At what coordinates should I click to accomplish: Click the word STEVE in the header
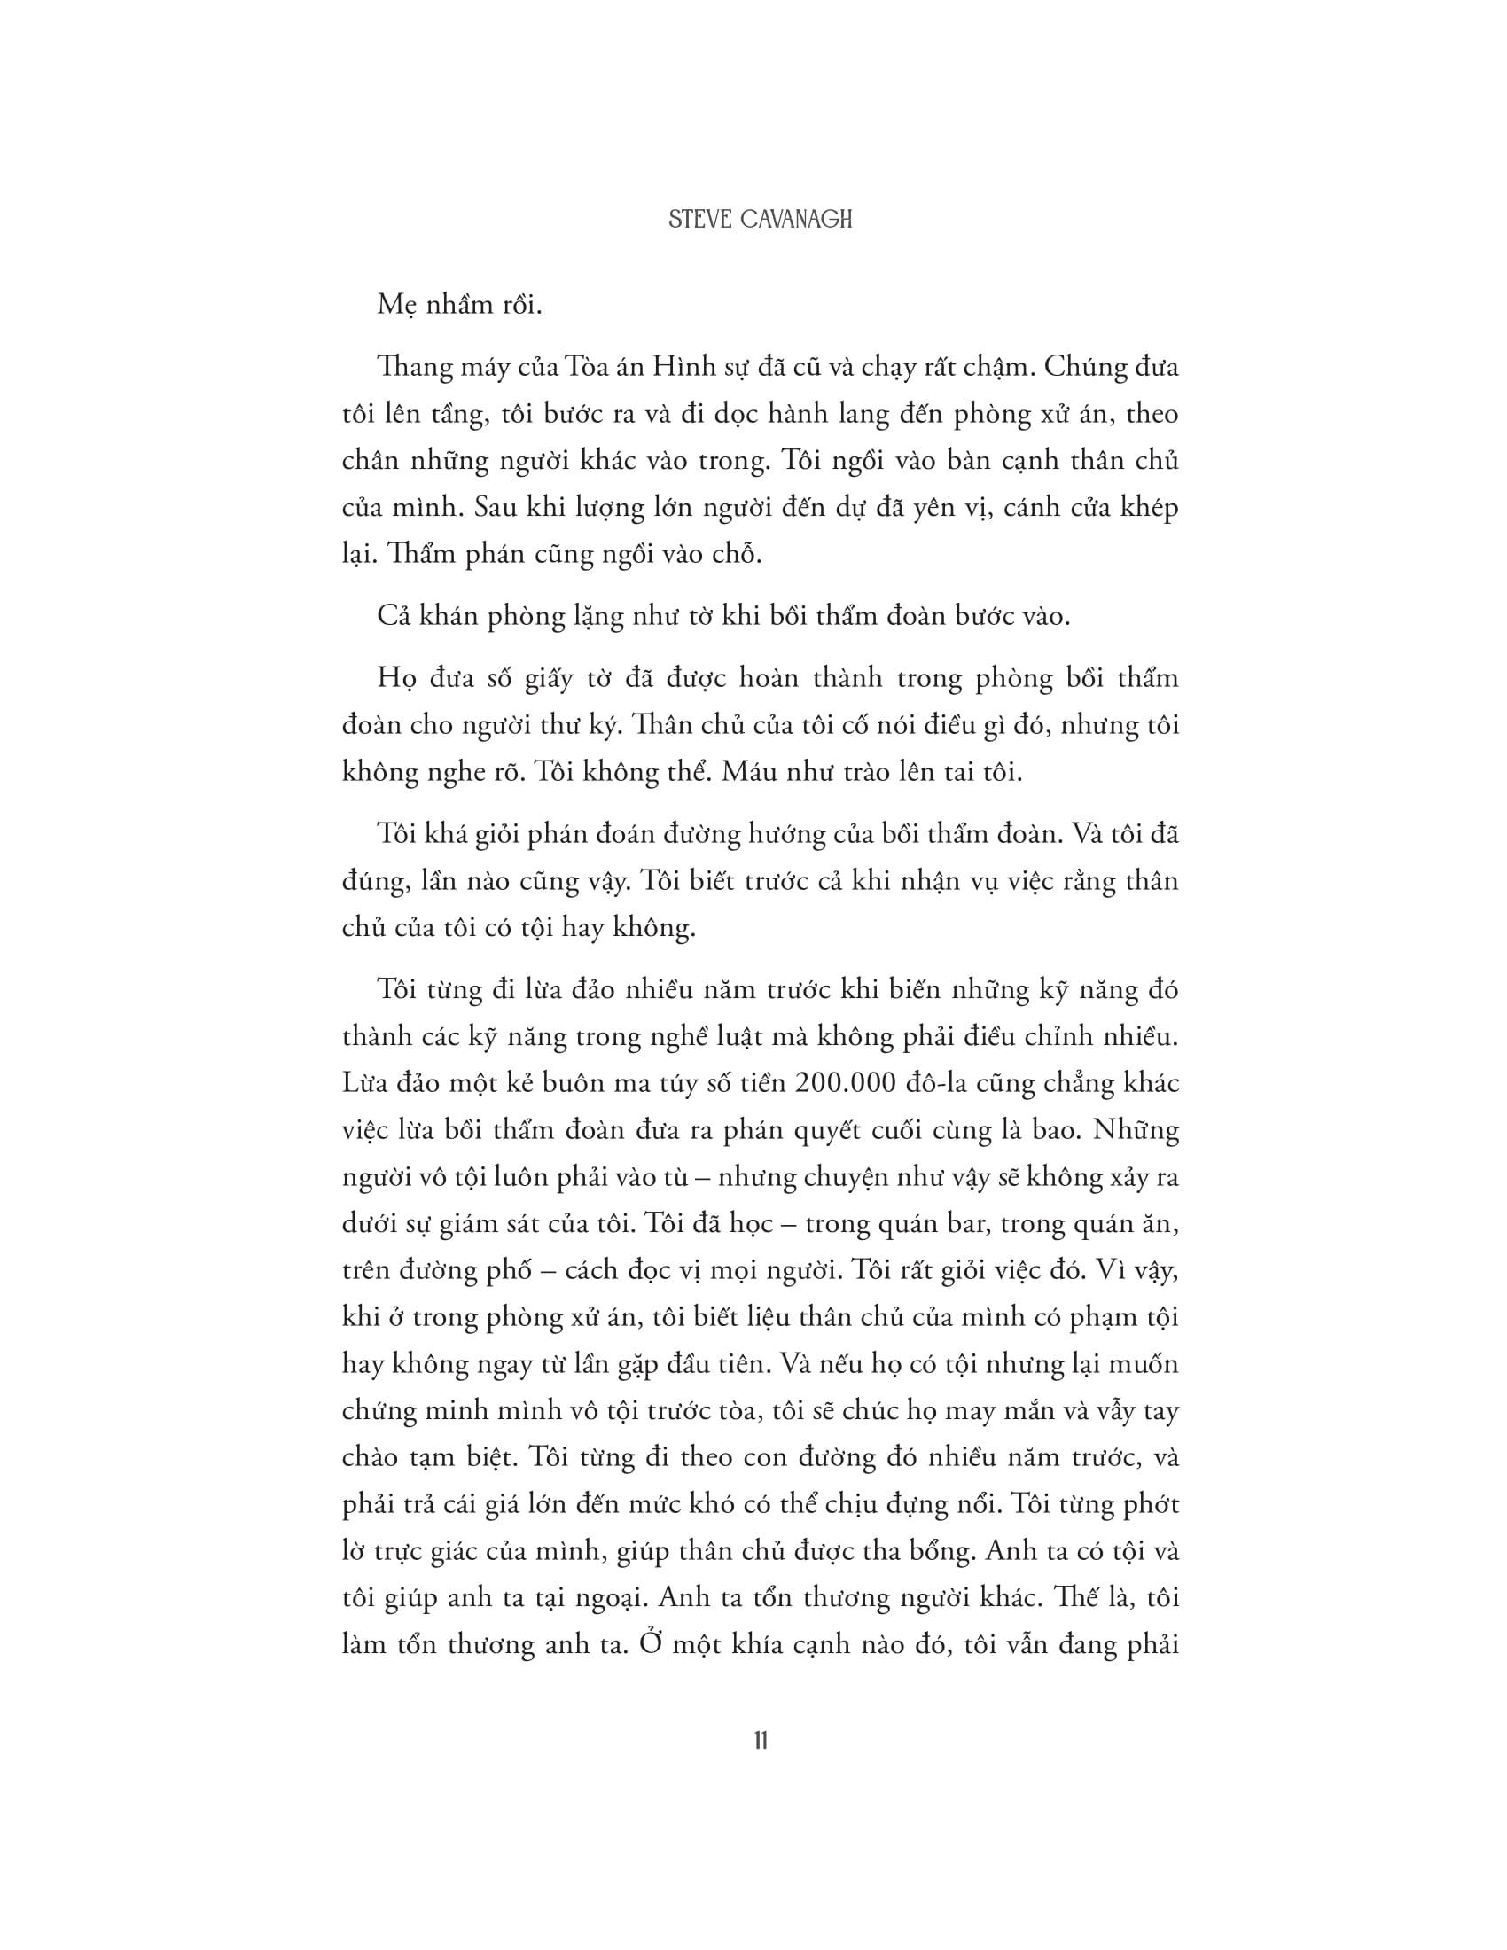coord(701,220)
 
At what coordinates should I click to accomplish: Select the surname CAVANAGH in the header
coord(796,220)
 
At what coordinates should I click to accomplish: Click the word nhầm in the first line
coord(452,306)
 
